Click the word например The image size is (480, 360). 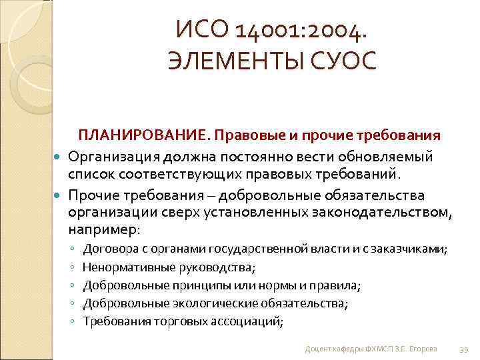click(x=101, y=230)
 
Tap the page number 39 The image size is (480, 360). click(x=464, y=349)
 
